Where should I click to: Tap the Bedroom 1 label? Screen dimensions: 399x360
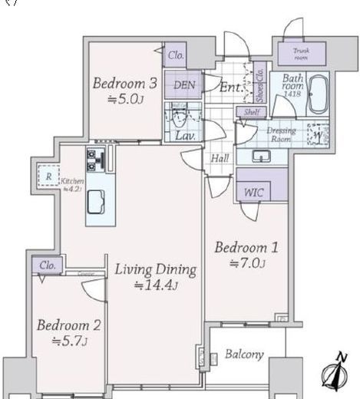[245, 248]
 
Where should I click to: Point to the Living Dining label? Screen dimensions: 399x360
[157, 270]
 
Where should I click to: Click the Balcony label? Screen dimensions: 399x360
[245, 354]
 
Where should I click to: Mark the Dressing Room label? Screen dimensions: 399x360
[281, 134]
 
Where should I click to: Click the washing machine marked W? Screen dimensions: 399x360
[318, 134]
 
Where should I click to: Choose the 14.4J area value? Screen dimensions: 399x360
[157, 286]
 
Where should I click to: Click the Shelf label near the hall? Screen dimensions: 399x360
[252, 113]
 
